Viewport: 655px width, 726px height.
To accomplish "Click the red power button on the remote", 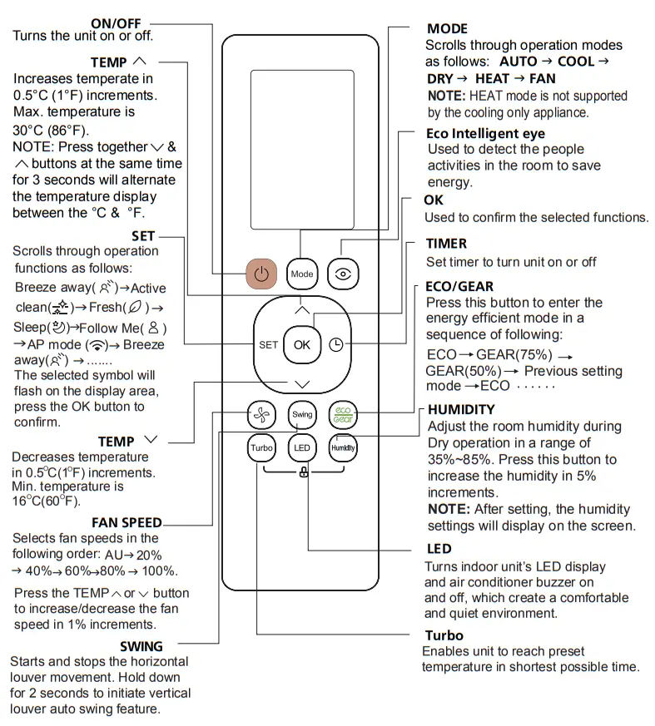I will pos(262,274).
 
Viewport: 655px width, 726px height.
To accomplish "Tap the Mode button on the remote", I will pos(301,274).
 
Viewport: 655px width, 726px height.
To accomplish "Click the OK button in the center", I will pos(301,344).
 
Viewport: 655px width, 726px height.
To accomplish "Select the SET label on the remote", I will pos(268,344).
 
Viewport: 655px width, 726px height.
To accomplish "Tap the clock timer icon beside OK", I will pos(336,344).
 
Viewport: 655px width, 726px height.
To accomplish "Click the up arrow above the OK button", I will pos(301,309).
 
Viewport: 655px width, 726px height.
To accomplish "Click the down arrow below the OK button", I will pos(301,383).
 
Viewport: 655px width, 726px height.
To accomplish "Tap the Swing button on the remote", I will pos(301,414).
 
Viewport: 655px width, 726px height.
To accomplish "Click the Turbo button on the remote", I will pos(261,448).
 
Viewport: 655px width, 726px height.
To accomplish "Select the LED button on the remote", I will pos(301,448).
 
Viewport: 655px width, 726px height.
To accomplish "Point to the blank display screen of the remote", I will pos(301,150).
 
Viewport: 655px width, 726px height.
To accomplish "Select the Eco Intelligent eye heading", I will pos(485,133).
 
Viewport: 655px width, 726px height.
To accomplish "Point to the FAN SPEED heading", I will pos(127,523).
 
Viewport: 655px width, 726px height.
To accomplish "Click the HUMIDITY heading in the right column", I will pos(461,409).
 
